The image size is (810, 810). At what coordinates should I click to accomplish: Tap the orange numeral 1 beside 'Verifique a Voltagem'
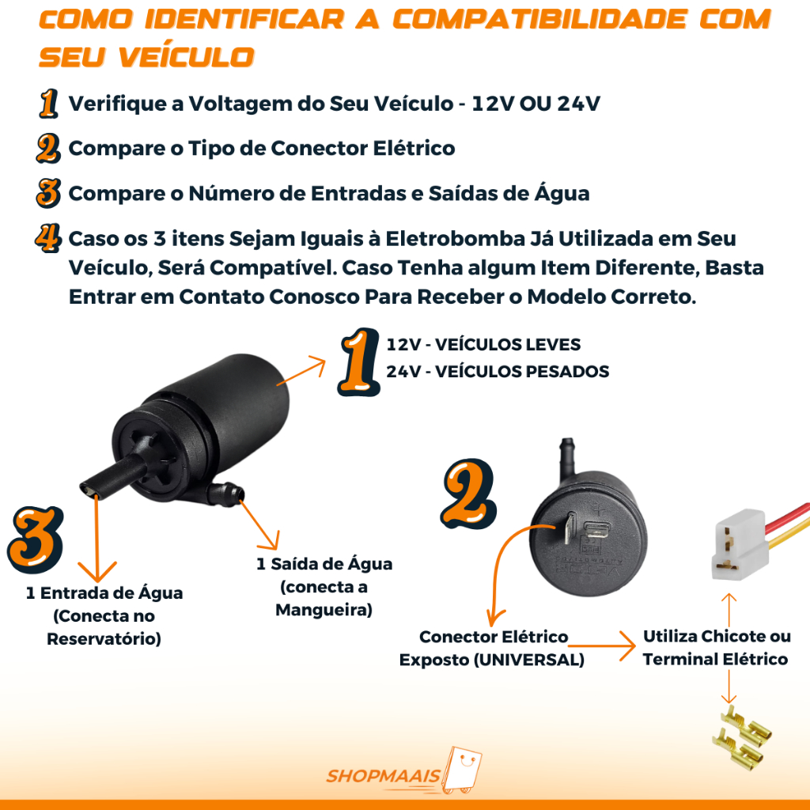tap(48, 104)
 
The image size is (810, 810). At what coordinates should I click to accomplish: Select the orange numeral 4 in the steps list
tap(48, 237)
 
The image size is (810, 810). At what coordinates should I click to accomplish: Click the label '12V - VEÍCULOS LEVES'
tap(483, 345)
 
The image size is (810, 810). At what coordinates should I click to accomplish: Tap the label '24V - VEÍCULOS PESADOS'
tap(498, 372)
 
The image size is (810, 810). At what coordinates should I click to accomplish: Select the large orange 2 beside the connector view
tap(468, 494)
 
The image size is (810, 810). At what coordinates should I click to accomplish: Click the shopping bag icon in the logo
tap(462, 770)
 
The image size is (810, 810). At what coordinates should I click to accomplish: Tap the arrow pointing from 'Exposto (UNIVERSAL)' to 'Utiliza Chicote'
tap(602, 645)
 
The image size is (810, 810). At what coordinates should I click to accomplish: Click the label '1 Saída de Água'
tap(324, 563)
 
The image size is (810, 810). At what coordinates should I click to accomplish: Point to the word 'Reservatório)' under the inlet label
tap(104, 639)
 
